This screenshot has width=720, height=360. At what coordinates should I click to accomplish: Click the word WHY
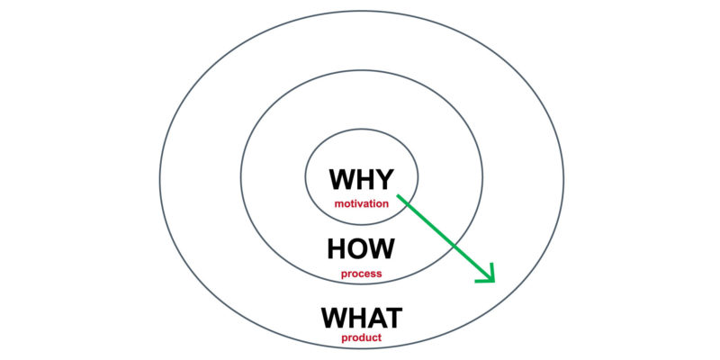click(362, 179)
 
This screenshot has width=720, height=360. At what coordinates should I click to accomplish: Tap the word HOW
click(361, 248)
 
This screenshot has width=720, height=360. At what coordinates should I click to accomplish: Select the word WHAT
click(362, 318)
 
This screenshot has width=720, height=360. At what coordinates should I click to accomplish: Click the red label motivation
click(362, 204)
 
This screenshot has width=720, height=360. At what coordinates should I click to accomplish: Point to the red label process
click(362, 274)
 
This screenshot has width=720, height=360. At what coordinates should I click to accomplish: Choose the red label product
click(362, 338)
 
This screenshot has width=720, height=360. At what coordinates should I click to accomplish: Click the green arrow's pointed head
click(494, 282)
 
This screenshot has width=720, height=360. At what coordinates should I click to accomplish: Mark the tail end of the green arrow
click(398, 195)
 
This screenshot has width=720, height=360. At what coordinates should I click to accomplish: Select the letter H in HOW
click(336, 248)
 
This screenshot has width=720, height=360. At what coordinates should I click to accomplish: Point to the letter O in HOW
click(355, 248)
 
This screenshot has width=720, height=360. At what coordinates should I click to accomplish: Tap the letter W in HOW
click(381, 248)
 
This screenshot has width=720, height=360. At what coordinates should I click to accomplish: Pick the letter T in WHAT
click(394, 318)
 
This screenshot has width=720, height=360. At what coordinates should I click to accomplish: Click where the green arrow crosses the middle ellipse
click(454, 247)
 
